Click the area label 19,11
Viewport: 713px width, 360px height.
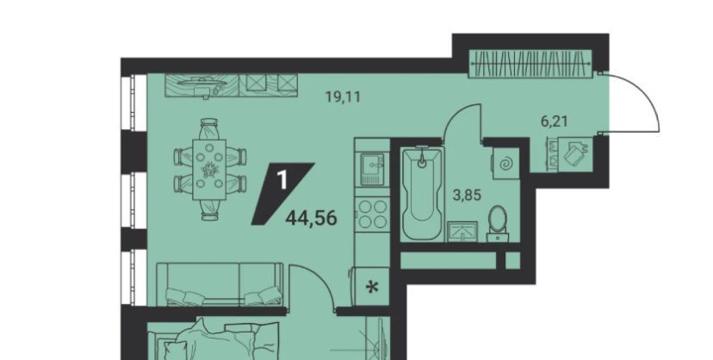point(344,96)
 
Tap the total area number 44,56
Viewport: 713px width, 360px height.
point(312,219)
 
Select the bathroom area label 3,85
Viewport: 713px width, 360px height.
point(467,195)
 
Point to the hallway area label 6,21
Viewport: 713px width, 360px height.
point(555,121)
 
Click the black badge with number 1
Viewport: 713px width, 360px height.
point(282,194)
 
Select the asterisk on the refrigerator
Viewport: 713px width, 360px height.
point(372,288)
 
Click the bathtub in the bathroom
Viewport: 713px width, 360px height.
point(422,194)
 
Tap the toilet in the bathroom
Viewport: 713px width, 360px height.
point(498,224)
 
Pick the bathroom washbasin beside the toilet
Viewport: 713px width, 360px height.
point(462,232)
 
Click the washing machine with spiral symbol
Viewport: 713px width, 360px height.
point(505,163)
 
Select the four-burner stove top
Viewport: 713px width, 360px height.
point(372,214)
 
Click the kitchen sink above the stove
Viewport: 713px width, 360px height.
point(372,169)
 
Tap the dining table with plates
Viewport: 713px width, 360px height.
point(209,169)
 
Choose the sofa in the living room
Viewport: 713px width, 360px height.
point(220,283)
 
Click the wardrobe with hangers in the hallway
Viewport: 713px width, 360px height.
point(530,63)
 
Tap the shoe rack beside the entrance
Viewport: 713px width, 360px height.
point(570,153)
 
